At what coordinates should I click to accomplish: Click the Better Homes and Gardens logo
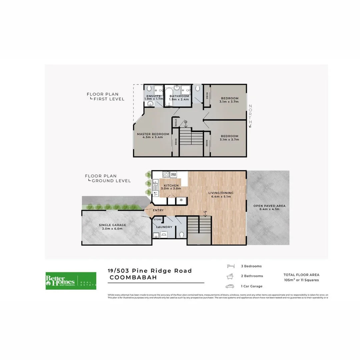[x=71, y=281]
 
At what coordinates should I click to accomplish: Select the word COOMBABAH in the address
[x=134, y=278]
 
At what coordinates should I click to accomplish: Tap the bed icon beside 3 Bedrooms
[x=231, y=266]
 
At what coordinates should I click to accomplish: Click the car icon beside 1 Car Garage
[x=230, y=286]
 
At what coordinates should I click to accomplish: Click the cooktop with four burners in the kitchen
[x=166, y=174]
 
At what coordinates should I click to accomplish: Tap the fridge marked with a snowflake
[x=182, y=200]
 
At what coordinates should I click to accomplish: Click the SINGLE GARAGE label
[x=112, y=225]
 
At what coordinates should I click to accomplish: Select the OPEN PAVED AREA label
[x=269, y=206]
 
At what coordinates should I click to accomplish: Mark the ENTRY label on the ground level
[x=158, y=210]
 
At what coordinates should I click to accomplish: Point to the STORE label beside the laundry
[x=158, y=220]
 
